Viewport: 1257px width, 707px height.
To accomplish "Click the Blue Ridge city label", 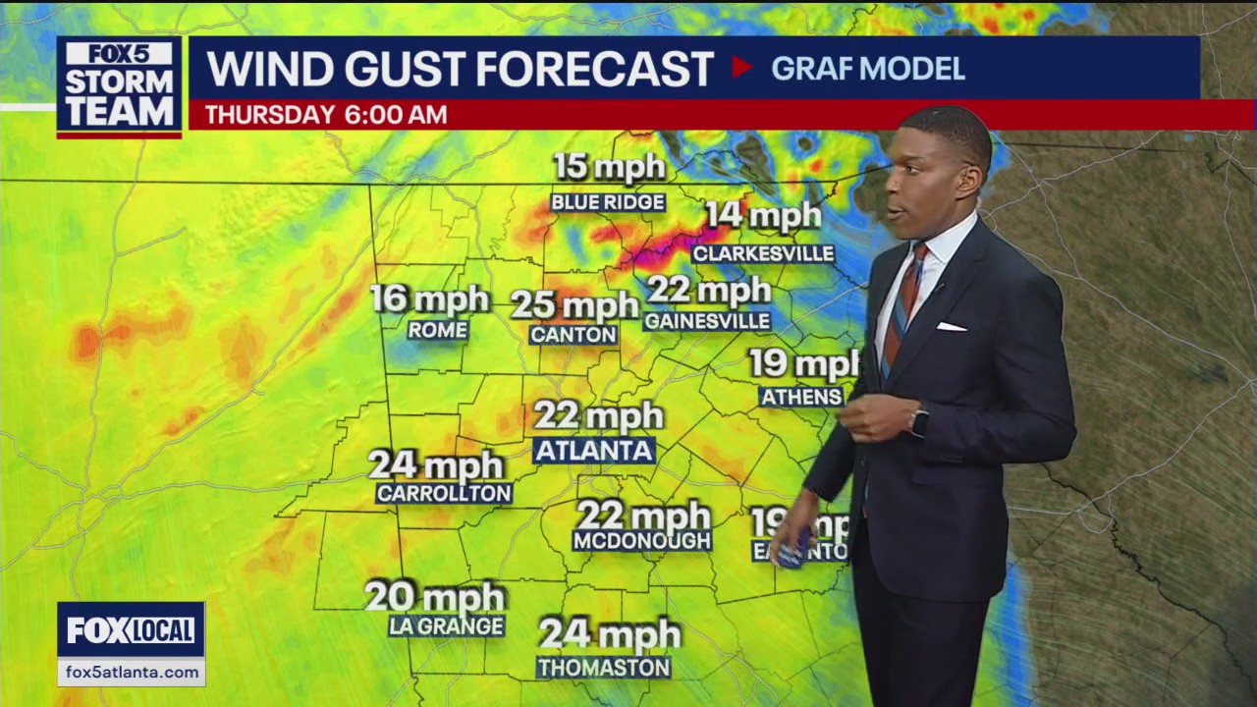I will (608, 202).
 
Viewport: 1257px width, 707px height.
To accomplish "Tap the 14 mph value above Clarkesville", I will (763, 216).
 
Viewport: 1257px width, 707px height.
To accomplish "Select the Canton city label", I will (574, 335).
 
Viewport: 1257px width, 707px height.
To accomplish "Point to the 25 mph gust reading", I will (574, 305).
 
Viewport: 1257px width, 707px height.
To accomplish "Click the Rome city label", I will (437, 330).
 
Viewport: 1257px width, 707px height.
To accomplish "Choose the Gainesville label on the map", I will (707, 321).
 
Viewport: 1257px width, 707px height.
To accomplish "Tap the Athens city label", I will (801, 397).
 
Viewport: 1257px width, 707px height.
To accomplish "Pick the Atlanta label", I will (594, 451).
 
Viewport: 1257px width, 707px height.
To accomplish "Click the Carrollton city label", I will (444, 493).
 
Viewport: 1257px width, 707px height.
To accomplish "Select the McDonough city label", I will (642, 540).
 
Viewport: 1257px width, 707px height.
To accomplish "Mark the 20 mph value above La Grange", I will (435, 596).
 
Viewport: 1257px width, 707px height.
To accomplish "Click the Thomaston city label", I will (604, 668).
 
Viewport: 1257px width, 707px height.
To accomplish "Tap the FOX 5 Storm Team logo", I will (119, 85).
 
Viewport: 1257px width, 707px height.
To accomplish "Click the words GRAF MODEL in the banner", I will (867, 69).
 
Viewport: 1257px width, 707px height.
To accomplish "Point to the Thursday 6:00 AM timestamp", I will (326, 115).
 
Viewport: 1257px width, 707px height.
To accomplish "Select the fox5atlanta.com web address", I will (131, 672).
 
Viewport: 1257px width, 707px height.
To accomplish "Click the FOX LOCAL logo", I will (131, 630).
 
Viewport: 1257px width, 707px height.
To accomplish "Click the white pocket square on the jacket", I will (951, 326).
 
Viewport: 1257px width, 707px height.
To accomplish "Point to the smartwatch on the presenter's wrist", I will (918, 421).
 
